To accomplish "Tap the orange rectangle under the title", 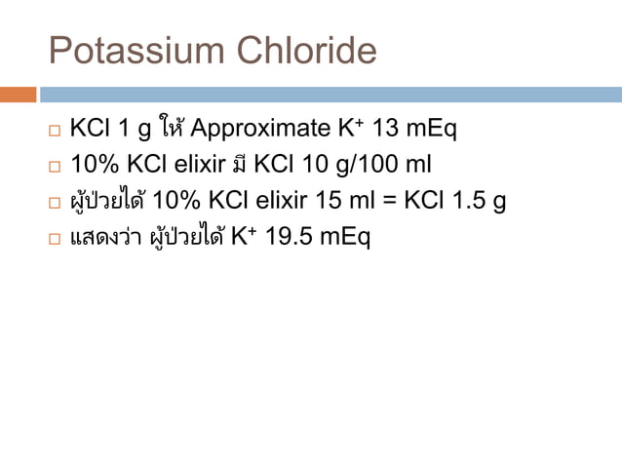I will coord(19,95).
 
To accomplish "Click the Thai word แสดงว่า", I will coord(101,237).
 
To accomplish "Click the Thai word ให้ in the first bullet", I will coord(173,127).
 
